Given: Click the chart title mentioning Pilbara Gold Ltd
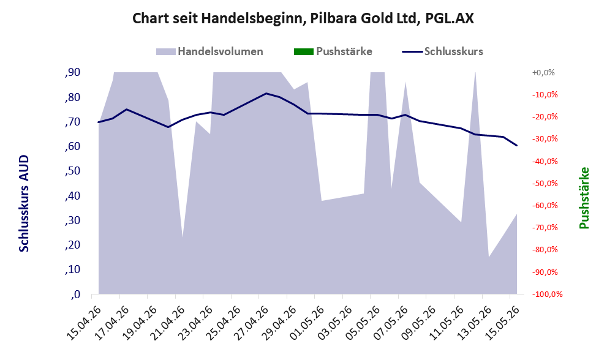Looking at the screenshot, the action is click(x=303, y=18).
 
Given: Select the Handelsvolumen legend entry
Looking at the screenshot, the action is click(x=209, y=51).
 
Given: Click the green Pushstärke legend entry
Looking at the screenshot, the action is click(x=333, y=51).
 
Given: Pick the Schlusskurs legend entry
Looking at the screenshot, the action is click(x=442, y=51).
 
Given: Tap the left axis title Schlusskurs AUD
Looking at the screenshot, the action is click(x=24, y=204).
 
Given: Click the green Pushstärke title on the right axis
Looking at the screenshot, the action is click(x=584, y=198).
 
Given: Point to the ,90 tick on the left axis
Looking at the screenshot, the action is click(x=73, y=72).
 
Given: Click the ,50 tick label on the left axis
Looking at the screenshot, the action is click(x=73, y=171).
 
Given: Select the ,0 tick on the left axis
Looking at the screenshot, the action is click(x=75, y=294).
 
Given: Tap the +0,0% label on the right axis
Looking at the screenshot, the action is click(x=543, y=72).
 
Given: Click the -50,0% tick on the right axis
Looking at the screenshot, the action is click(x=546, y=183).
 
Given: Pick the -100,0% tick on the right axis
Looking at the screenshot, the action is click(x=548, y=294).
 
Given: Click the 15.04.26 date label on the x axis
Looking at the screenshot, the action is click(x=84, y=323).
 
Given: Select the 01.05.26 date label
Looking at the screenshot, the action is click(x=307, y=323).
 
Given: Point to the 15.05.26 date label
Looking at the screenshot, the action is click(x=502, y=323).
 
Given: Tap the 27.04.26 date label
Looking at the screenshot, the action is click(x=251, y=323).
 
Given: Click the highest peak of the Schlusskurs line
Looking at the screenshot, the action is click(x=266, y=93).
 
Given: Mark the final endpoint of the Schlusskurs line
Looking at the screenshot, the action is click(x=517, y=146).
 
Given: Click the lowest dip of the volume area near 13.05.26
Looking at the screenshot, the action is click(x=489, y=257).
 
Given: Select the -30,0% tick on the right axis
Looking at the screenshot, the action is click(x=546, y=138).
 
